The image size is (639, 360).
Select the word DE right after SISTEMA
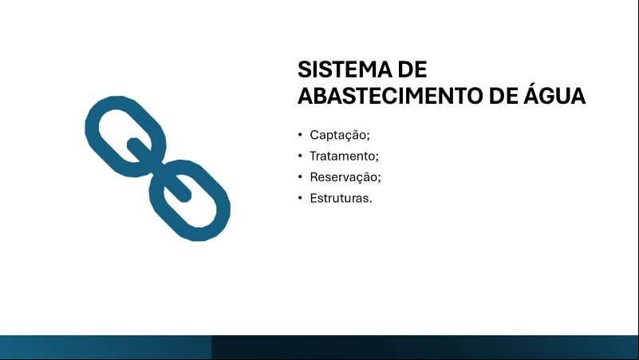click(x=412, y=69)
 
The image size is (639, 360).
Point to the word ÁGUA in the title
click(x=554, y=93)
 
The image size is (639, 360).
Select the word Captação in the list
click(x=338, y=136)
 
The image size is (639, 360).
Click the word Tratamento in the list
click(x=342, y=156)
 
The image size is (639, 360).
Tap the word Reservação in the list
click(x=344, y=178)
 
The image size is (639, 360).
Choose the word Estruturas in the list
click(x=339, y=198)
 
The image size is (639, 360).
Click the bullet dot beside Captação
click(x=300, y=135)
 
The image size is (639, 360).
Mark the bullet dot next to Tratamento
click(x=300, y=156)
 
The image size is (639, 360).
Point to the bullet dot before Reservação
click(x=300, y=177)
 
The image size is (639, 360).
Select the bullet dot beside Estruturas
click(x=300, y=198)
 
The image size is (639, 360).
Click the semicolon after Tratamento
click(x=377, y=157)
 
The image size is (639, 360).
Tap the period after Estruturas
click(x=370, y=201)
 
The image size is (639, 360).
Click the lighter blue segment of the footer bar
click(x=105, y=347)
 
